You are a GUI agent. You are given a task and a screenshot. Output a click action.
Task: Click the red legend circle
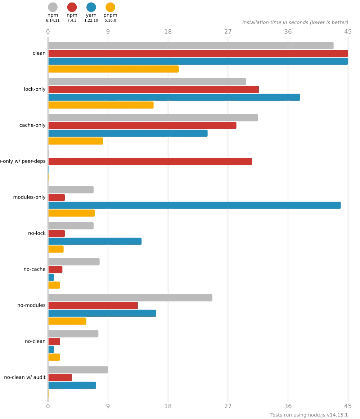72,7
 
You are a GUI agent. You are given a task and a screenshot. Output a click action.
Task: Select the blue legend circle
91,7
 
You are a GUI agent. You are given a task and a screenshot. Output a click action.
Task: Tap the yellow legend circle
110,7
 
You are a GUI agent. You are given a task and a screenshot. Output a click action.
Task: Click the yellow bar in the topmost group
114,70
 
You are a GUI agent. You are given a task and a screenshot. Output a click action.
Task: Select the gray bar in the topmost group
191,45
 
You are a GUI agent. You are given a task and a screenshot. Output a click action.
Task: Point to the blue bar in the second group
175,97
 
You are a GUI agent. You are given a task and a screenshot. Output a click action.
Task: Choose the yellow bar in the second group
102,105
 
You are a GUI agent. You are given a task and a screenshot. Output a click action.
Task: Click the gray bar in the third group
153,118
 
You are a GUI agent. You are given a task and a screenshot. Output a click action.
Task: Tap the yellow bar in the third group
76,141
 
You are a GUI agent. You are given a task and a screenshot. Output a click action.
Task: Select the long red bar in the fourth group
150,162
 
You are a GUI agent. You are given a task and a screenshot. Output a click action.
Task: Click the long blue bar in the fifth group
195,205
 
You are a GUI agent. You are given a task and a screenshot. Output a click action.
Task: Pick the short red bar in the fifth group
57,197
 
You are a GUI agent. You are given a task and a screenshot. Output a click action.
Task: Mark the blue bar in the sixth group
96,241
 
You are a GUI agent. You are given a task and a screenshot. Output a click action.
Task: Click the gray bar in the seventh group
75,262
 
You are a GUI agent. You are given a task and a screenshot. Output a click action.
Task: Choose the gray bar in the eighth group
131,298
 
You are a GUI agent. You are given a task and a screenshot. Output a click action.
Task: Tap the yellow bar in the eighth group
67,321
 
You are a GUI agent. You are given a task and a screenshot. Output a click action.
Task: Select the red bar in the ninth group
54,342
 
